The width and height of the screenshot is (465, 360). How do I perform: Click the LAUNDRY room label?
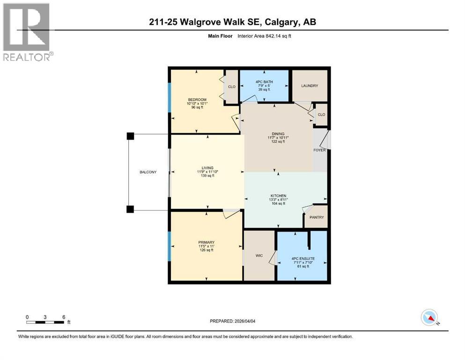coord(310,86)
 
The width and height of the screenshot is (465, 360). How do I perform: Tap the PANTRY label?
coord(316,218)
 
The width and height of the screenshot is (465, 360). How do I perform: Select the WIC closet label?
coord(258,256)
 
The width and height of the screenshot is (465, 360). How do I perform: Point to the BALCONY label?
coord(148,172)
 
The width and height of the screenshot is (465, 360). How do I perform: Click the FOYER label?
coord(319,150)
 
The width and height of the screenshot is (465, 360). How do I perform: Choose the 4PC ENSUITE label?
coord(303,258)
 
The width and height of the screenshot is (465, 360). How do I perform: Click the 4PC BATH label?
coord(264,82)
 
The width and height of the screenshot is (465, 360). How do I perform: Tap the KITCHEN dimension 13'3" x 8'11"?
coord(278,200)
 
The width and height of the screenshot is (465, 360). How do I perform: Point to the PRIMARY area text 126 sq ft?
coord(206,250)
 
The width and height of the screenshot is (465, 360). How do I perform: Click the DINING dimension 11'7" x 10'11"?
coord(278,137)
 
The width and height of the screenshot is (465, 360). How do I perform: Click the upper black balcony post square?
coord(130,136)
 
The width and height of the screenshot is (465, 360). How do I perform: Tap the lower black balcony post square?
coord(130,209)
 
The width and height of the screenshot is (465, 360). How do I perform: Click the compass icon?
coord(429,318)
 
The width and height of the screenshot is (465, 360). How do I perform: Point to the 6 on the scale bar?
coord(63,317)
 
